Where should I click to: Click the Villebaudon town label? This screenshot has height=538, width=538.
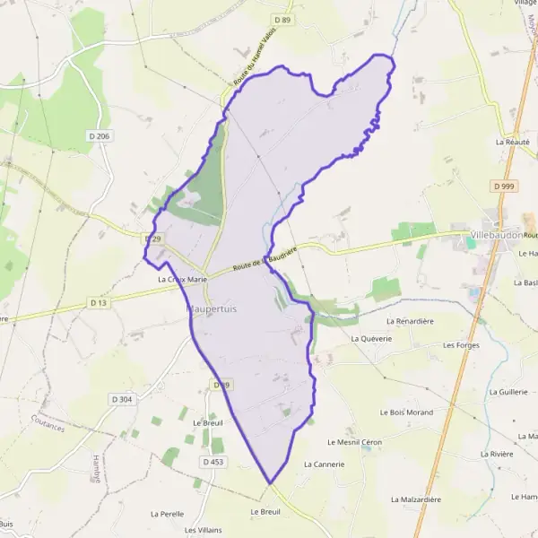click(x=498, y=236)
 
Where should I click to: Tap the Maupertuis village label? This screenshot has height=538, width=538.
click(x=212, y=308)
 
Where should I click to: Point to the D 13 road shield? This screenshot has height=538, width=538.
click(x=98, y=303)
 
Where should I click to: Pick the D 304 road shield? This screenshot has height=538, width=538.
click(x=122, y=398)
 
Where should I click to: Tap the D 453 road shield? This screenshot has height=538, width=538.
click(x=213, y=462)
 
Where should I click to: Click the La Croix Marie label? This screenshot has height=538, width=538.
click(x=183, y=279)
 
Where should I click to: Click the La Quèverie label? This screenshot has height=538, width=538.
click(x=372, y=339)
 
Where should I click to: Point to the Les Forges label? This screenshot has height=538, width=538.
click(x=461, y=345)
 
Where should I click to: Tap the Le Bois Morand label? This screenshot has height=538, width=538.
click(x=406, y=412)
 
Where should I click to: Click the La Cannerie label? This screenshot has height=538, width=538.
click(x=323, y=464)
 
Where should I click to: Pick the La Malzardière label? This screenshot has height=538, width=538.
click(x=416, y=499)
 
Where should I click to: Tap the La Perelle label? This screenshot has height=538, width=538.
click(x=168, y=514)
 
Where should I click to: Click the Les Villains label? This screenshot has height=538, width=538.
click(x=204, y=530)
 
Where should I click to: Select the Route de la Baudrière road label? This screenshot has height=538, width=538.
click(x=264, y=262)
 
